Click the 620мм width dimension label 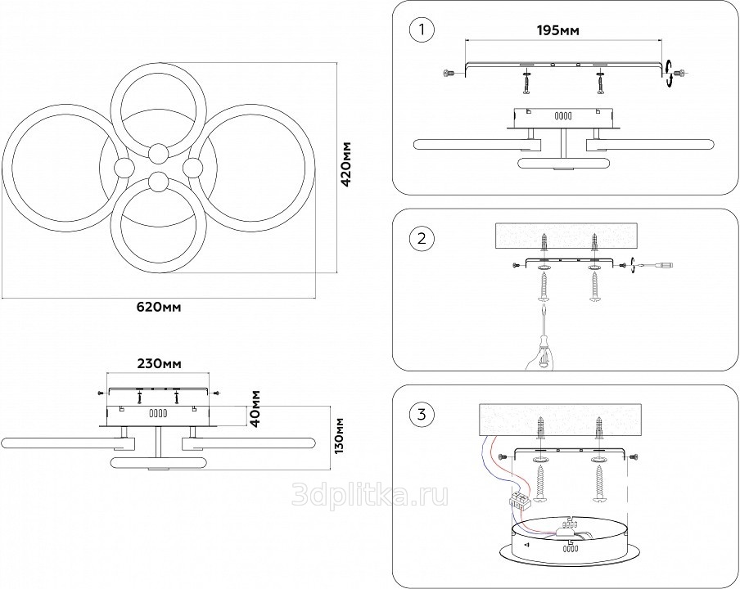coord(159,308)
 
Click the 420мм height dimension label coord(346,164)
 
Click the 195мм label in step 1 coord(558,29)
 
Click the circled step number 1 coord(422,30)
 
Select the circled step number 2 coord(422,239)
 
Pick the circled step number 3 coord(422,415)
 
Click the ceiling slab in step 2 coord(568,237)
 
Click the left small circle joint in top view coord(124,169)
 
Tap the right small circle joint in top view coord(193,168)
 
